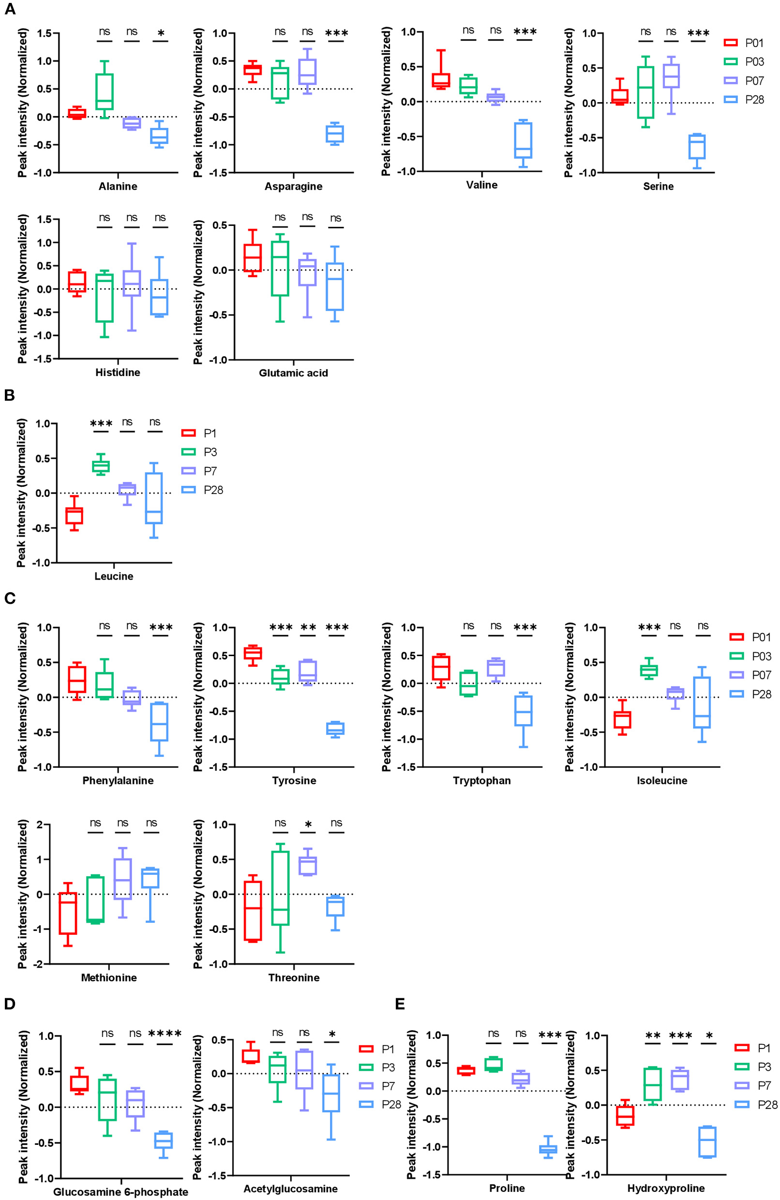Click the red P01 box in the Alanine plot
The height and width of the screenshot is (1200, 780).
coord(77,113)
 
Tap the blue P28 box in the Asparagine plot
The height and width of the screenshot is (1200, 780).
coord(334,134)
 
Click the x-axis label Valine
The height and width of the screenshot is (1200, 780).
coord(481,185)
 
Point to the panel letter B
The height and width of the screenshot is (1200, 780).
coord(9,395)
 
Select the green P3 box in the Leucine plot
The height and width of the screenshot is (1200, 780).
coord(101,466)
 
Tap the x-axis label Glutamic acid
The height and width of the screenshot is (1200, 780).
coord(293,373)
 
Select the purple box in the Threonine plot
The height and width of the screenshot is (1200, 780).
coord(308,866)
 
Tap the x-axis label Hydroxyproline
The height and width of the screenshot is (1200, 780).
coord(665,1188)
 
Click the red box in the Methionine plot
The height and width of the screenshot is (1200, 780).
coord(68,913)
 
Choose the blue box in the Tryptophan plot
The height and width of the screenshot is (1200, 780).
coord(524,711)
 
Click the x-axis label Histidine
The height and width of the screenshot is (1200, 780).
coord(118,373)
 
